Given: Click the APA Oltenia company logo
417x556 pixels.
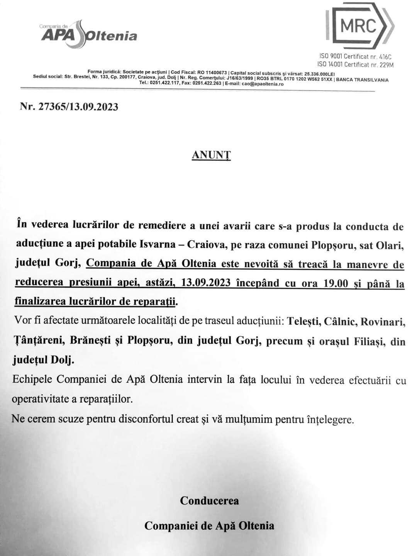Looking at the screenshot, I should click(x=88, y=34).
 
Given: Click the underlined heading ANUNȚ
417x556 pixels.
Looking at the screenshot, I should click(x=211, y=155).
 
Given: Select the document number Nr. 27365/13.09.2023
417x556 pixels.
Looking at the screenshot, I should click(x=69, y=107).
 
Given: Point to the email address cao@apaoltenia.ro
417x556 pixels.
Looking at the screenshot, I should click(x=263, y=84).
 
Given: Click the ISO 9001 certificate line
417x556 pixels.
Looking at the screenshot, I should click(x=355, y=57).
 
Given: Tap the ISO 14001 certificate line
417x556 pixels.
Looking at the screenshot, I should click(x=355, y=64).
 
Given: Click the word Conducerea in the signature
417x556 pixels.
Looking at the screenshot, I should click(x=209, y=501).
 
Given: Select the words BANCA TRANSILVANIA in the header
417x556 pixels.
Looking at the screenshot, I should click(x=363, y=80).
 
